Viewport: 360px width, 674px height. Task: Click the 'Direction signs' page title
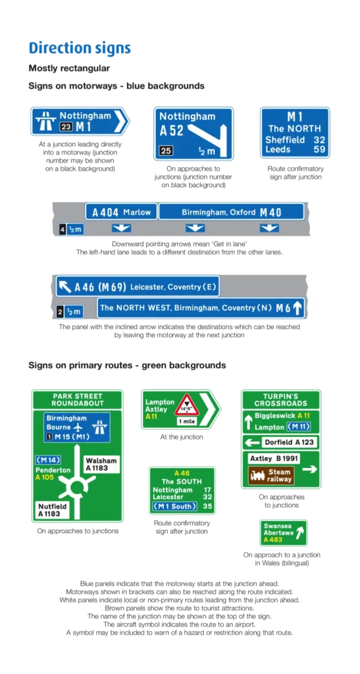[x=80, y=47]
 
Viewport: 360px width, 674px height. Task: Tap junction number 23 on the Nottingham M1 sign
[x=66, y=127]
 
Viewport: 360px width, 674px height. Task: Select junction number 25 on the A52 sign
[x=165, y=151]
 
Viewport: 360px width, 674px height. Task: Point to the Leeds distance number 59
[x=319, y=150]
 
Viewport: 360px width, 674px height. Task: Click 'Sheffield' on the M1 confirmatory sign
[x=285, y=140]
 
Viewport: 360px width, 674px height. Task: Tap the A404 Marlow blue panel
[x=122, y=212]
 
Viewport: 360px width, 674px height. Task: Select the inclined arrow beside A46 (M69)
[x=65, y=286]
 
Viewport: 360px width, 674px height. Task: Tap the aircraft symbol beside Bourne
[x=78, y=427]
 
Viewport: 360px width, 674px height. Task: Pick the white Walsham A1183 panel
[x=101, y=464]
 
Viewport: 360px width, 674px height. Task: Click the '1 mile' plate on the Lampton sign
[x=187, y=421]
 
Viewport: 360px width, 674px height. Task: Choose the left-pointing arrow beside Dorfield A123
[x=253, y=442]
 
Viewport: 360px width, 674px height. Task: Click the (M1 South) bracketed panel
[x=175, y=506]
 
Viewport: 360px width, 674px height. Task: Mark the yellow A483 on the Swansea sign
[x=273, y=540]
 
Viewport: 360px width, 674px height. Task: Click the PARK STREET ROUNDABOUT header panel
[x=77, y=400]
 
